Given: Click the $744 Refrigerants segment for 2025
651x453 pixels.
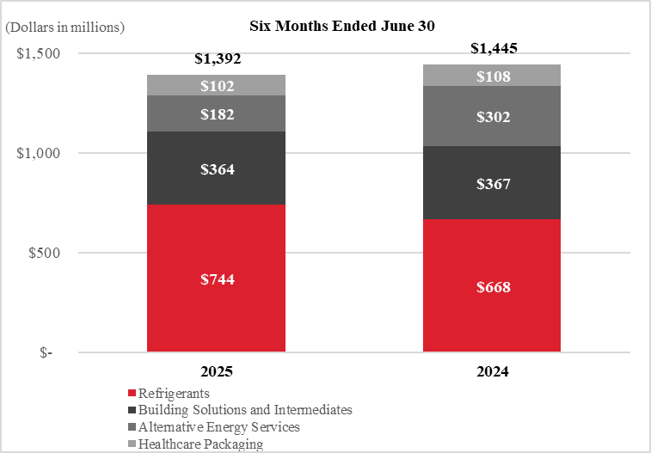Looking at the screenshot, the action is pos(217,278).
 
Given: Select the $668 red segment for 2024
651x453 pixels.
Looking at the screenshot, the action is pos(492,285).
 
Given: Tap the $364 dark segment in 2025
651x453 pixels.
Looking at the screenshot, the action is pos(217,168).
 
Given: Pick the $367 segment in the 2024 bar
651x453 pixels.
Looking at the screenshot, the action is pos(492,182).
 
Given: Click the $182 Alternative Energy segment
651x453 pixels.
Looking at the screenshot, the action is pos(217,113).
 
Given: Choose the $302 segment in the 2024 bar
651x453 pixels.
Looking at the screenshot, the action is pos(492,116).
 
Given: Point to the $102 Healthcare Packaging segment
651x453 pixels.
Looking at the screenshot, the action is pos(217,85).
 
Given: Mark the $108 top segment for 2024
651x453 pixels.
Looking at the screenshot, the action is pos(492,76).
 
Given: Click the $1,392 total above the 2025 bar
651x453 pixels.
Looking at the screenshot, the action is pos(218,59).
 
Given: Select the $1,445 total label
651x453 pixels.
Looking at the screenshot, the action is pos(494,48).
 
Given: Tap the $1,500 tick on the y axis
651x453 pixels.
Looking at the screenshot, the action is pos(38,53).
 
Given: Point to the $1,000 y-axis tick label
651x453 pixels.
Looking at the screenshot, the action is pos(38,153).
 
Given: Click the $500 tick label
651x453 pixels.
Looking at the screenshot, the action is pos(44,253).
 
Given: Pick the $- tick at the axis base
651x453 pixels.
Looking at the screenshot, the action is pos(46,352).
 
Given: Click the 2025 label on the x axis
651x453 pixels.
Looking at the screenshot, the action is pos(217,371).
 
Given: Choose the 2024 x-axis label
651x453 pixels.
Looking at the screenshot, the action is pos(493,371).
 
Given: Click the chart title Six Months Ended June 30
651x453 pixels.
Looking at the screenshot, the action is pos(342,26).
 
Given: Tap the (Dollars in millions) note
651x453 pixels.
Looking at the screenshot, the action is pos(64,28).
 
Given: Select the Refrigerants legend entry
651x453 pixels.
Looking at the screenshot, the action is pos(169,393).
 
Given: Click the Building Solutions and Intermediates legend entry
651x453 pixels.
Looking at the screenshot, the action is pos(241,410).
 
